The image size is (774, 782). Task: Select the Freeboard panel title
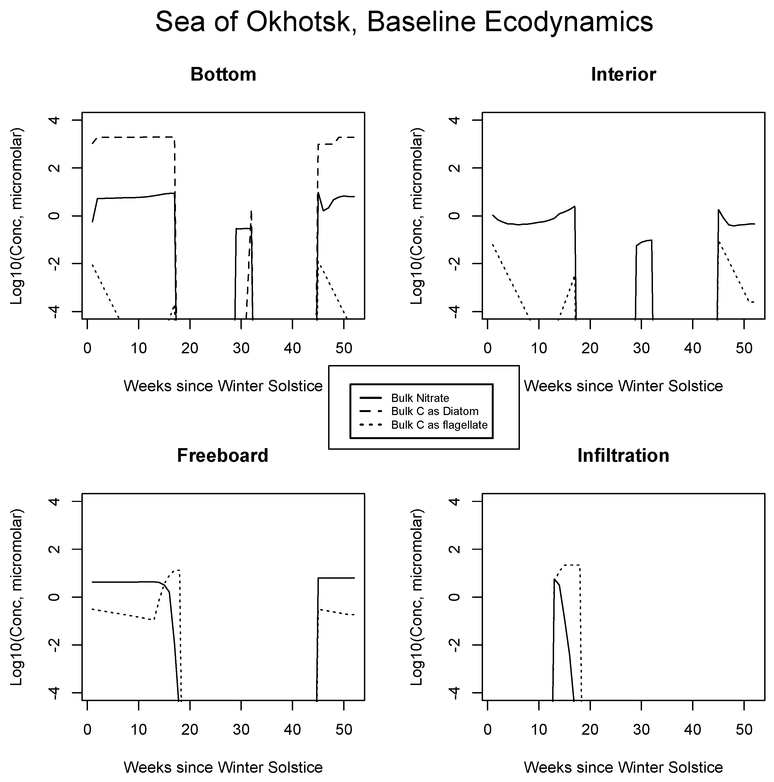[x=223, y=455]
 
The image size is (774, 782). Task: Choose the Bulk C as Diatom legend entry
[x=434, y=411]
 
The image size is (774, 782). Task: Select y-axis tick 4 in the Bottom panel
[x=55, y=120]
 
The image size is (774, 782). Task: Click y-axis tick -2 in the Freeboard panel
[x=55, y=645]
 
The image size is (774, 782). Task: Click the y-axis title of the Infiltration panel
[x=417, y=597]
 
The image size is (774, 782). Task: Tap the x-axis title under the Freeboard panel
[x=223, y=767]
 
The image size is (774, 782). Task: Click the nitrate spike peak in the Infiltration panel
[x=554, y=579]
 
